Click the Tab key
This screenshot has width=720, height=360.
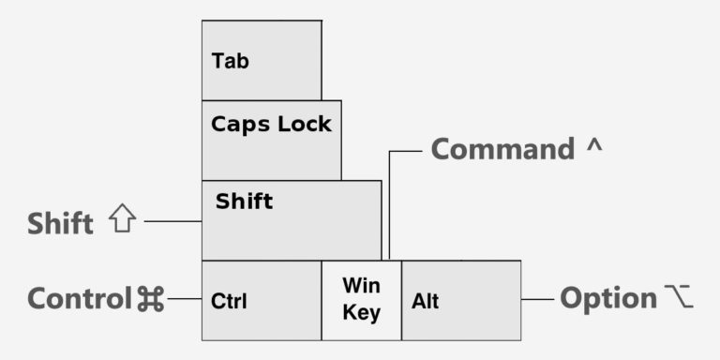262,60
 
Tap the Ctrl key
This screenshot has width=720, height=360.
262,300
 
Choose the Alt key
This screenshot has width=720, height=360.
461,300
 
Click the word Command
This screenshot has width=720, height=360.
502,150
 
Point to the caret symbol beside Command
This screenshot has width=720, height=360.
594,147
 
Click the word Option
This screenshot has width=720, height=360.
608,299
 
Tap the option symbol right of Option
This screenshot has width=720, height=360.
680,298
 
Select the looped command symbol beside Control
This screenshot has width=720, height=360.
151,299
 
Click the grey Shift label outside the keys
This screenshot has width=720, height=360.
60,224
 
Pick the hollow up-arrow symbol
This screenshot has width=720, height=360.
122,220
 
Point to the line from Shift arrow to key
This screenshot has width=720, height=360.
172,221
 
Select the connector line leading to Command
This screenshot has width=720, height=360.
389,202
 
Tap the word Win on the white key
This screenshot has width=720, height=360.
361,284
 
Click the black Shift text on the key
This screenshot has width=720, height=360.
244,201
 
